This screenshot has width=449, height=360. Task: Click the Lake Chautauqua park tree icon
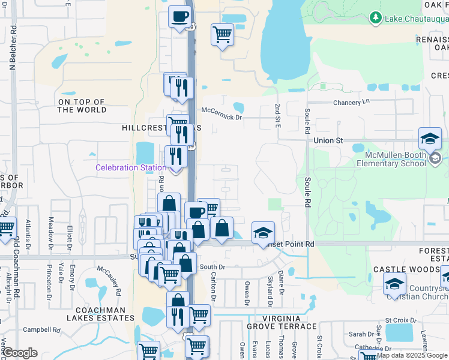coord(376,18)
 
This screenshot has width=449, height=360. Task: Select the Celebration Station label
coord(130,167)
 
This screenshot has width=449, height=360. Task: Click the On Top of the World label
coord(82,106)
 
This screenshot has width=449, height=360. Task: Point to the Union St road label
coord(328,140)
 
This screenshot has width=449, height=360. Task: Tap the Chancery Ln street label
coord(351,103)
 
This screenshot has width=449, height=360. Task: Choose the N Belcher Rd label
coord(13,48)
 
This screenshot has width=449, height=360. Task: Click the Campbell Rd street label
coord(41,330)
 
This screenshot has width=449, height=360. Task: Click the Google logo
coord(20,353)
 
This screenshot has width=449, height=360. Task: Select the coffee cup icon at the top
coord(179,17)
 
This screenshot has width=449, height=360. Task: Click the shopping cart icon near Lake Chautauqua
coord(222,35)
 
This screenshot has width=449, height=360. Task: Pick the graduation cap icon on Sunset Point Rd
coord(263,233)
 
